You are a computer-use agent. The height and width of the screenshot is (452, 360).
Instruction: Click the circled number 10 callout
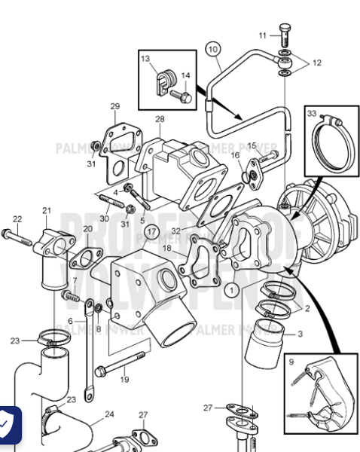213,50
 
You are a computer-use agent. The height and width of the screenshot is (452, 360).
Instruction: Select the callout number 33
312,113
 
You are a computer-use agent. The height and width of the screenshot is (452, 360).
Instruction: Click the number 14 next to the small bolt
185,75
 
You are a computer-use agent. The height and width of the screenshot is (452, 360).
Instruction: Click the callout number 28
160,120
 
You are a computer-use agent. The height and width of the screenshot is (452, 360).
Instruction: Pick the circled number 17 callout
152,231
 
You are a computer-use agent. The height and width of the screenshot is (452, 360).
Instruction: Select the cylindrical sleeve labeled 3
264,346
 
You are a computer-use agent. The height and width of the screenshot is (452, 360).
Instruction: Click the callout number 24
109,414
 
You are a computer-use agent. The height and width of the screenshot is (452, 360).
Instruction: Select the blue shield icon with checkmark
8,425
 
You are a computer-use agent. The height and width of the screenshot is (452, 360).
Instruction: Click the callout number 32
175,231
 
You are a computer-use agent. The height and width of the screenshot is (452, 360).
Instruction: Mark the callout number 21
47,211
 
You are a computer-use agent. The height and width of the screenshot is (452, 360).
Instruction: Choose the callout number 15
252,145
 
